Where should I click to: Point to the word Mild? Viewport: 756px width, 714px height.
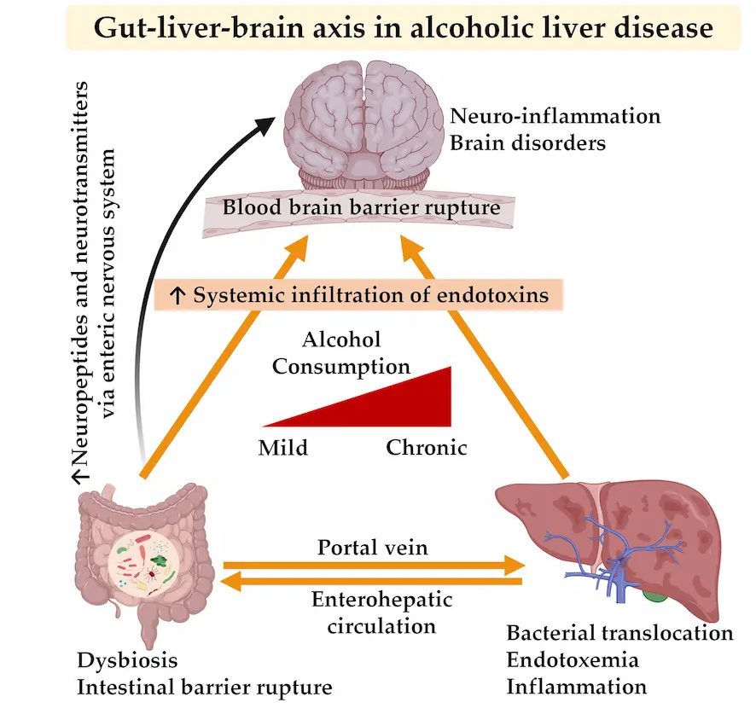click(x=283, y=447)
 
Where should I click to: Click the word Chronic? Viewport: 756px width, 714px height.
click(x=427, y=447)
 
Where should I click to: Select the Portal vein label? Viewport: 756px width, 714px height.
click(x=373, y=546)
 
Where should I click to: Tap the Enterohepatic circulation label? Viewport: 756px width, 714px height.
click(x=373, y=612)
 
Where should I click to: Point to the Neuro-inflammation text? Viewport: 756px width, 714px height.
click(x=555, y=116)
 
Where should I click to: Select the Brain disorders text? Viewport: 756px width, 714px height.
click(x=528, y=142)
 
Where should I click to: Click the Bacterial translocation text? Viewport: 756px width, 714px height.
click(x=619, y=633)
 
